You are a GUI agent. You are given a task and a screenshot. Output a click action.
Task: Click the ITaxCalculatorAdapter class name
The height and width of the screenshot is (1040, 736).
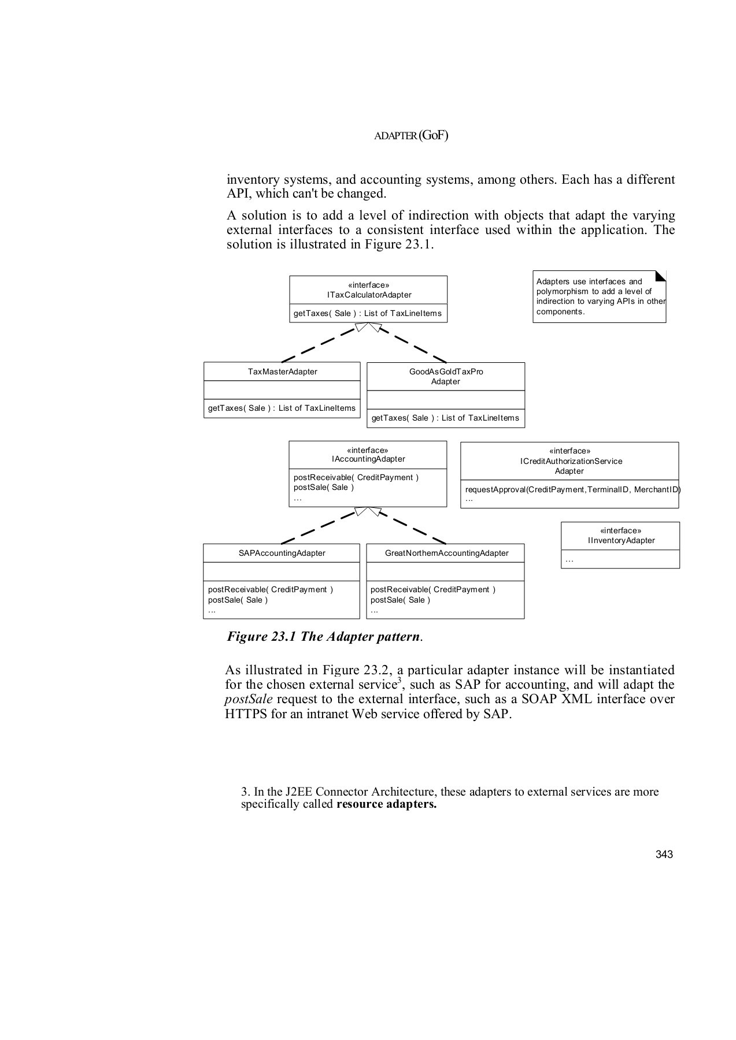[x=369, y=295]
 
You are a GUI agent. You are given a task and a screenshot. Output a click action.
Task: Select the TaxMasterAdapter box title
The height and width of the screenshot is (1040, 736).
[x=282, y=372]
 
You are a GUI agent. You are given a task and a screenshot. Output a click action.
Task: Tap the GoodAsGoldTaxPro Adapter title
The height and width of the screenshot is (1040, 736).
[x=446, y=377]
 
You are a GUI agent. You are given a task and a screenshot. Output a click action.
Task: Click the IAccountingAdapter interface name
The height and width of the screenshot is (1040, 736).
[x=368, y=459]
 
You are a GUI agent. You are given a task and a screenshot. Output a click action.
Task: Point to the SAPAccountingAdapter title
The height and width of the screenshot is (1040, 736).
[x=282, y=553]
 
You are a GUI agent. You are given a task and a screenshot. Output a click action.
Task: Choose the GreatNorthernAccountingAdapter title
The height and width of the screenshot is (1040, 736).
[x=446, y=553]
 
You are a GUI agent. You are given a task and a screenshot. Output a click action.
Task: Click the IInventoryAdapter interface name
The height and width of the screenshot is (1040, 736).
[x=621, y=541]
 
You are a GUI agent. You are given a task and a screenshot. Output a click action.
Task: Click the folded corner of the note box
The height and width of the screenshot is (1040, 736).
[x=660, y=276]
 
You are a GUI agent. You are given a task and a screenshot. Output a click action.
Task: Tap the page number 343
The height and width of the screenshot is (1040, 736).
[x=664, y=855]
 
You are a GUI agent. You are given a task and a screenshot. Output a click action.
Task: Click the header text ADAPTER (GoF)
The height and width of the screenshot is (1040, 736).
[x=411, y=136]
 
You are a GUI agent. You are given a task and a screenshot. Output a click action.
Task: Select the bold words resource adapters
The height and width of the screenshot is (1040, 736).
[x=386, y=804]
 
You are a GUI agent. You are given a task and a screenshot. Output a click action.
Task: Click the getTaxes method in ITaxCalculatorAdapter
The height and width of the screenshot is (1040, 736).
[x=367, y=313]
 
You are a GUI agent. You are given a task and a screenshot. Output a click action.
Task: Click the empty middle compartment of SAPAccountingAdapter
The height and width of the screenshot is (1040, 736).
[x=282, y=571]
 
